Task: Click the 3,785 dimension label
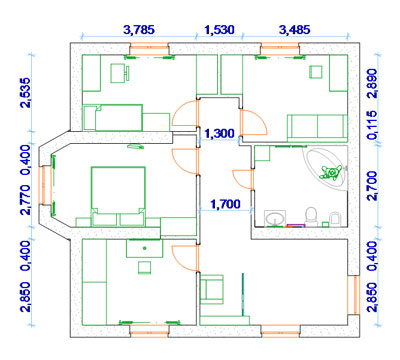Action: pyautogui.click(x=139, y=30)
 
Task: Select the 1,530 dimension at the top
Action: pyautogui.click(x=219, y=30)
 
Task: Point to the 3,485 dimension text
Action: pyautogui.click(x=294, y=30)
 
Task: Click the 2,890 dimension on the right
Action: pyautogui.click(x=372, y=83)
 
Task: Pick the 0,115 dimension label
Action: pyautogui.click(x=372, y=125)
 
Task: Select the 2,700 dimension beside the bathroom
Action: pyautogui.click(x=372, y=186)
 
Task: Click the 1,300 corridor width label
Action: pyautogui.click(x=219, y=134)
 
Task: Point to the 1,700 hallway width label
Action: pyautogui.click(x=226, y=204)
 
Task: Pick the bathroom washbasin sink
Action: pyautogui.click(x=275, y=218)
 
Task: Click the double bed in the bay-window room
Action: pyautogui.click(x=118, y=197)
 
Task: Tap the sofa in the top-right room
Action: pyautogui.click(x=317, y=128)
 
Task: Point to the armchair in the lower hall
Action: pyautogui.click(x=212, y=289)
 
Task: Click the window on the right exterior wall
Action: pyautogui.click(x=354, y=295)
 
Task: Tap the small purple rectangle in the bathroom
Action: pyautogui.click(x=295, y=225)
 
